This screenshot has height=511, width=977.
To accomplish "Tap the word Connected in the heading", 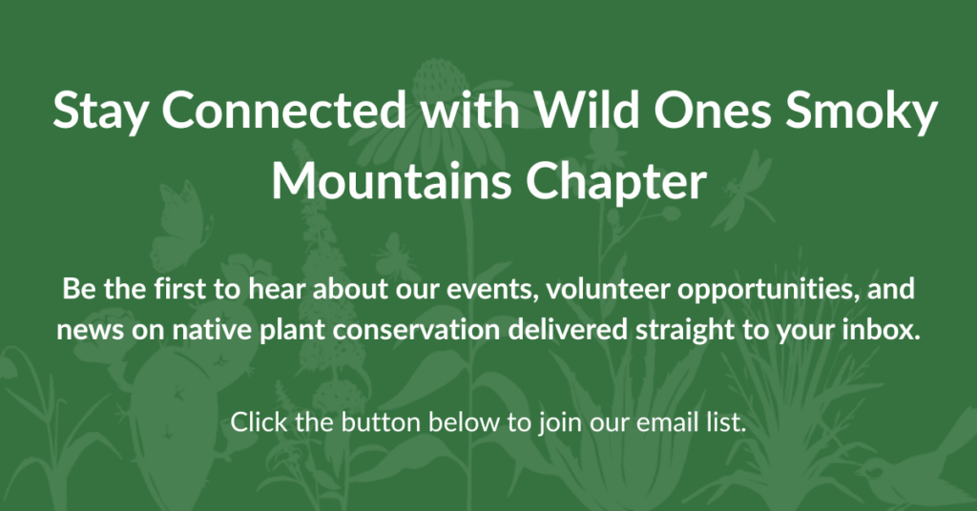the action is click(x=284, y=109).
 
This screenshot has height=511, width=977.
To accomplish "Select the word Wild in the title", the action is click(x=587, y=109).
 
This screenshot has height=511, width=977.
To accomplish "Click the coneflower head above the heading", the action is click(x=440, y=81).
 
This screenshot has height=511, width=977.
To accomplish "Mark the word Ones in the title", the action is click(x=711, y=109).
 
